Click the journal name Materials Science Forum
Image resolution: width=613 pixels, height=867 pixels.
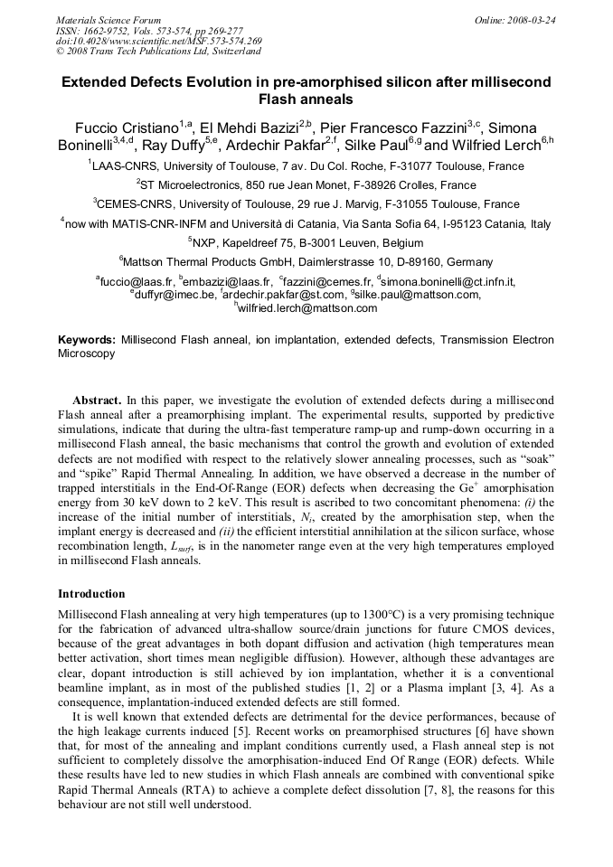[108, 20]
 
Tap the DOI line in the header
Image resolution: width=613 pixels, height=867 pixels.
[159, 42]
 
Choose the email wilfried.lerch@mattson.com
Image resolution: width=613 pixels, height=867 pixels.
[307, 308]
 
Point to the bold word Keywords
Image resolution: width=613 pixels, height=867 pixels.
[86, 340]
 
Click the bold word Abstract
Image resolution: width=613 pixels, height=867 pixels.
[96, 400]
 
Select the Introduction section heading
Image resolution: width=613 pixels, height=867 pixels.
[91, 594]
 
